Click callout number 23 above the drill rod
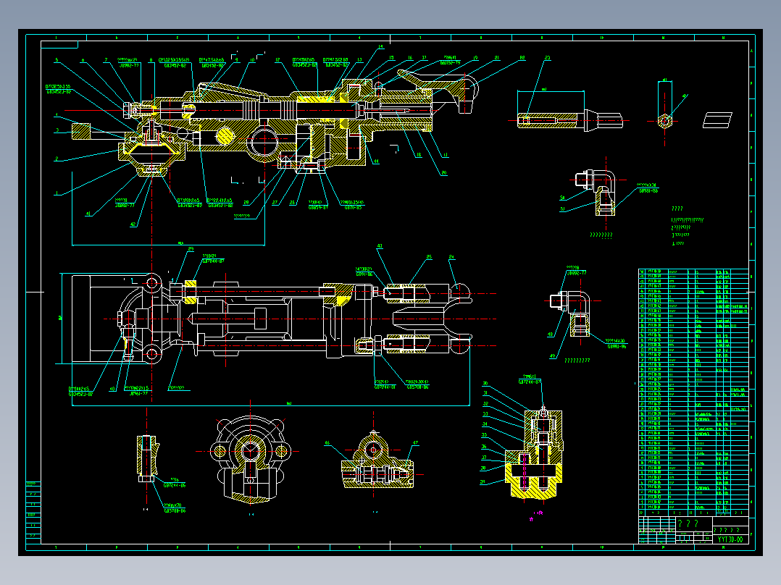(x=547, y=57)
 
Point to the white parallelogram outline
(x=718, y=119)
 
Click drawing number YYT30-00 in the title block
(x=730, y=539)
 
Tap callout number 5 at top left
(x=57, y=60)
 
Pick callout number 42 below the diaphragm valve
(x=133, y=224)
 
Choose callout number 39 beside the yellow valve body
(x=485, y=482)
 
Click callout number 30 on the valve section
(x=485, y=384)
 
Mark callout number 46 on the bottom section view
(x=327, y=442)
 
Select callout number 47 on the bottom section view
(x=416, y=442)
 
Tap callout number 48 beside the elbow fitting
(x=551, y=334)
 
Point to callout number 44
(x=375, y=161)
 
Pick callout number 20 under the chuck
(x=443, y=172)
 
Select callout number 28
(x=246, y=202)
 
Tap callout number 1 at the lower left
(x=57, y=193)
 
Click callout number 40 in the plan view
(x=112, y=389)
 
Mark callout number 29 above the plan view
(x=191, y=249)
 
